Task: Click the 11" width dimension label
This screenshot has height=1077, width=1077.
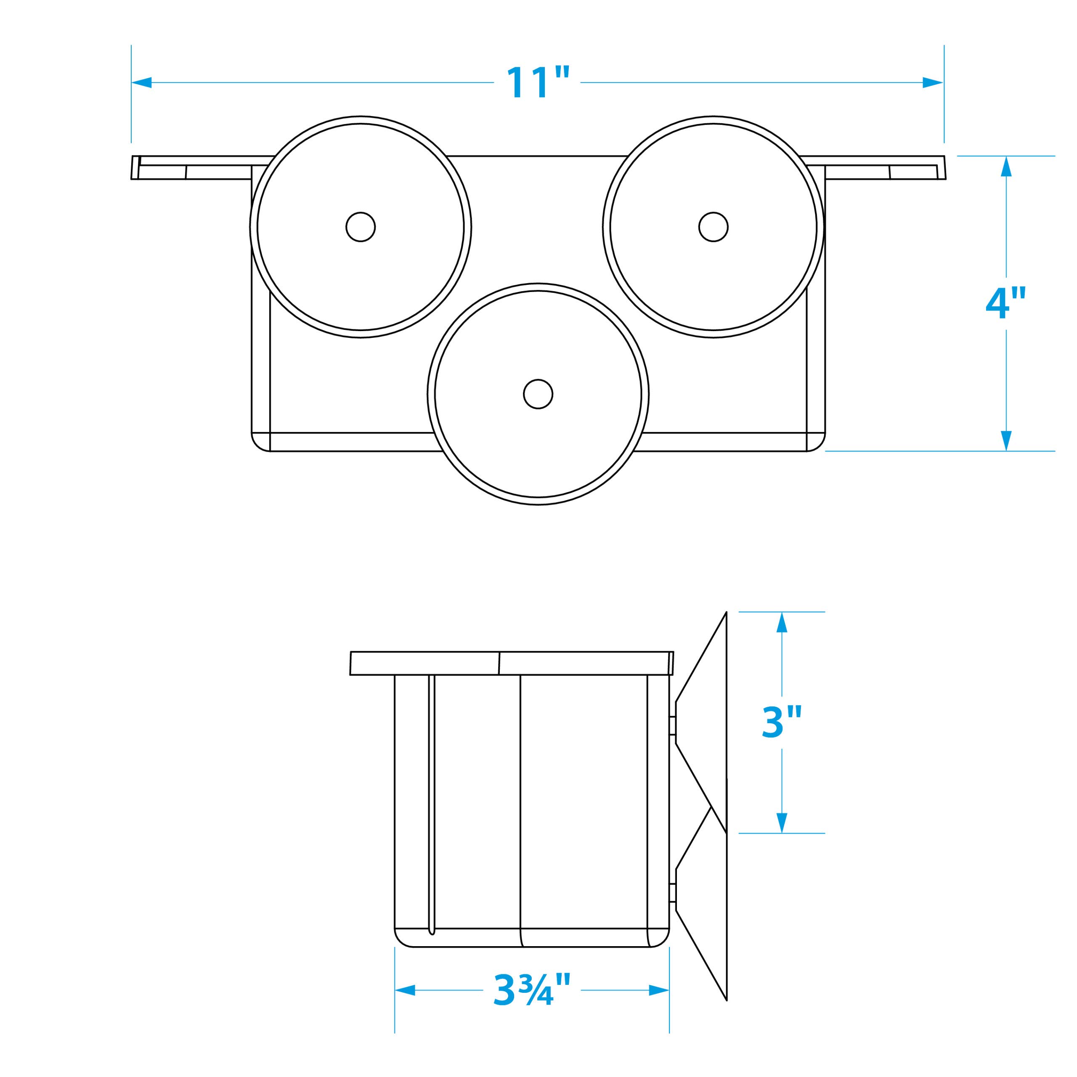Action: [537, 82]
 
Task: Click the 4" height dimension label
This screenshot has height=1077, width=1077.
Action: [1005, 304]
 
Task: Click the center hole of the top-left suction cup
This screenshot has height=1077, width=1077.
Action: [360, 227]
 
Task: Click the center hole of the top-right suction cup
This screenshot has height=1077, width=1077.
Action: [713, 227]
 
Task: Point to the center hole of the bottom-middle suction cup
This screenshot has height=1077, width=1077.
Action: [538, 394]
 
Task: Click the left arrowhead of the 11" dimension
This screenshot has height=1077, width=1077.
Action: [142, 82]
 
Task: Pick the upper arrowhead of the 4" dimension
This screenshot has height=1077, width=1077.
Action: [1005, 166]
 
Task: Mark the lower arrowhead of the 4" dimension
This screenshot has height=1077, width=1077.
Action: [1005, 440]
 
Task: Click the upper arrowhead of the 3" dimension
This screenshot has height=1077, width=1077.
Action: [782, 622]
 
